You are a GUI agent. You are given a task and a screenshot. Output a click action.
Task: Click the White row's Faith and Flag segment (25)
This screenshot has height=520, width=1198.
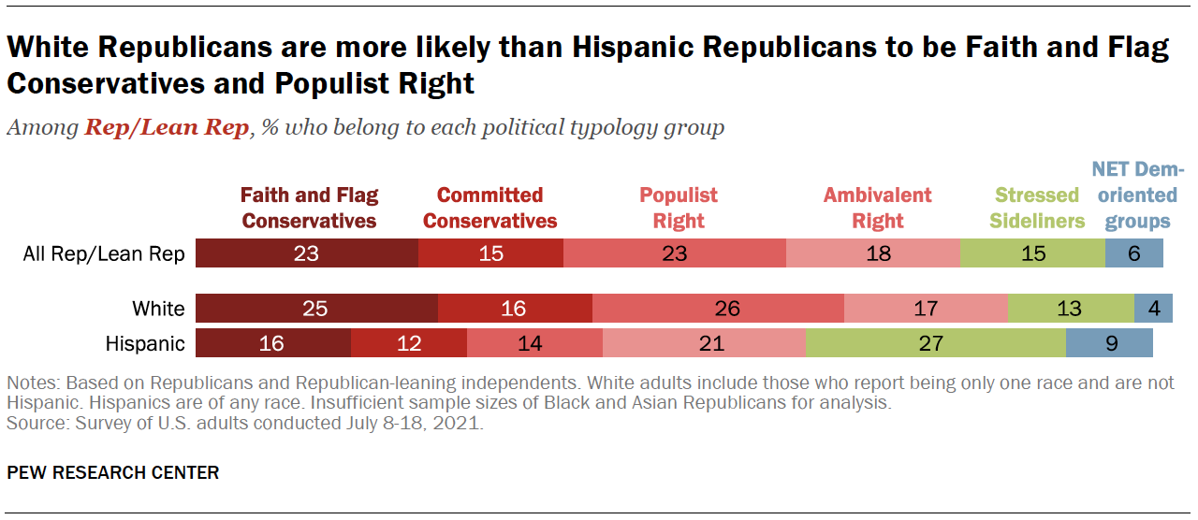point(315,309)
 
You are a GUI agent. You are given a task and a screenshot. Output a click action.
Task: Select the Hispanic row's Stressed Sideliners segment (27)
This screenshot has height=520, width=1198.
point(935,343)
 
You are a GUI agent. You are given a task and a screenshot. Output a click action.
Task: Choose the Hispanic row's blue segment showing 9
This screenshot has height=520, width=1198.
point(1109,343)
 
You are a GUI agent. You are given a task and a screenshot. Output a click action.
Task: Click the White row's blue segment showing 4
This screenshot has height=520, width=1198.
point(1153,309)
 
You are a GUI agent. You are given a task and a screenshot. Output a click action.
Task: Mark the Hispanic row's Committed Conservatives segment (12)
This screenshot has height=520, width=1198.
point(409,343)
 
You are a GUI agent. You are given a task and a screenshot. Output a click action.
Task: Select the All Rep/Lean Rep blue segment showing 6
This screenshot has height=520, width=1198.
point(1133,253)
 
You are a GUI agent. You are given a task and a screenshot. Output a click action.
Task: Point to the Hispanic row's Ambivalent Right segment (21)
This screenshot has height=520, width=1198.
point(704,343)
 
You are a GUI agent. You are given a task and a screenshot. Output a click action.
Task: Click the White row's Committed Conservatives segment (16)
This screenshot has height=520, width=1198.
point(515,309)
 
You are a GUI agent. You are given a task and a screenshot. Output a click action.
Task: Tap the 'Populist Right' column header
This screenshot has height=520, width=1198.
point(679,208)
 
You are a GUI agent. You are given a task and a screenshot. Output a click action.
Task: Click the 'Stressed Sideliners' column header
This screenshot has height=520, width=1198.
point(1037,208)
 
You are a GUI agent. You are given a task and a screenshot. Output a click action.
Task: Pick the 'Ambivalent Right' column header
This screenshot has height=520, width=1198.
point(877,208)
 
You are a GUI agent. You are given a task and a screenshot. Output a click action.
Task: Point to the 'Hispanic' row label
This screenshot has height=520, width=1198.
point(145,343)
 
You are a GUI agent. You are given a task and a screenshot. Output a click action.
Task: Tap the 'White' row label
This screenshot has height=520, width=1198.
point(158,309)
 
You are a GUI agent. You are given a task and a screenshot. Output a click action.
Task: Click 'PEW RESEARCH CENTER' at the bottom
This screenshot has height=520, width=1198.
point(113,472)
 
